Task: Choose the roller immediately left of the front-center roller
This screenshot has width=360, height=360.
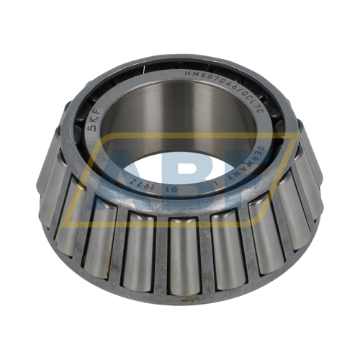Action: (x=141, y=248)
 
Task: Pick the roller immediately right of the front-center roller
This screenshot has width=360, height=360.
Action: (x=225, y=248)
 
